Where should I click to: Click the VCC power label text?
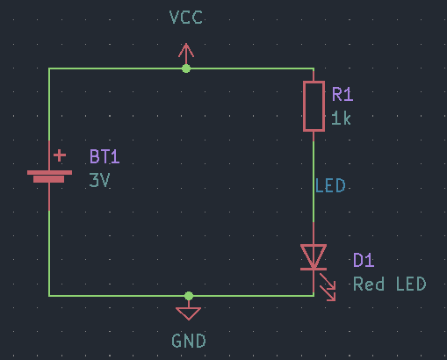[x=186, y=18]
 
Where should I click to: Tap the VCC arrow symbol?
[x=186, y=54]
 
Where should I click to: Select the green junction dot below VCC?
[x=186, y=68]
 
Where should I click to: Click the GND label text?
[x=189, y=341]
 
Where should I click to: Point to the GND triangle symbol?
[x=189, y=313]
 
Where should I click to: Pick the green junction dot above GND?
[x=189, y=296]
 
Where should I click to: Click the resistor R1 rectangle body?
[x=314, y=106]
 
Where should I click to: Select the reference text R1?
[x=342, y=94]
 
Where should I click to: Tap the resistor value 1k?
[x=341, y=119]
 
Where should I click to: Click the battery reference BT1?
[x=105, y=156]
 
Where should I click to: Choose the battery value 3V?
[x=99, y=180]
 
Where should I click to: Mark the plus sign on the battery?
[x=60, y=155]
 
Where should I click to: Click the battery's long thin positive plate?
[x=49, y=173]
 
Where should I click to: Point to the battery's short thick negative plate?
[x=48, y=179]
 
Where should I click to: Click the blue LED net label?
[x=330, y=185]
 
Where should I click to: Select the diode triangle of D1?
[x=314, y=256]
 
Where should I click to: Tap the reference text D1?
[x=364, y=260]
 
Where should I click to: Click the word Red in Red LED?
[x=369, y=284]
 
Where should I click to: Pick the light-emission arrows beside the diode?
[x=328, y=287]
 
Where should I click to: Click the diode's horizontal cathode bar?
[x=314, y=269]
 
